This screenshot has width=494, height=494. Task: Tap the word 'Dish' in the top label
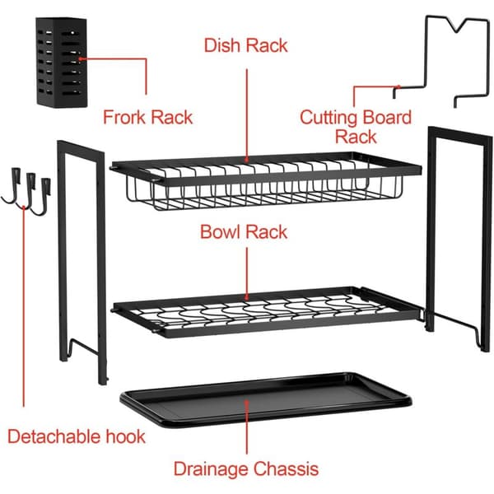pos(221,45)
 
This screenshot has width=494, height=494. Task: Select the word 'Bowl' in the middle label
pos(220,232)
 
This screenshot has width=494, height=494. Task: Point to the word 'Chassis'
pos(287,468)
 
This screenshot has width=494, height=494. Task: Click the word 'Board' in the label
pos(388,117)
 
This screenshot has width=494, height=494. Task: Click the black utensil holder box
pos(62,63)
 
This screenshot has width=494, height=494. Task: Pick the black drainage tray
pos(266,399)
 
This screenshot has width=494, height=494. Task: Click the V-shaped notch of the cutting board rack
pos(455,26)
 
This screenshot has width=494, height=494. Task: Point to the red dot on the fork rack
pos(81,58)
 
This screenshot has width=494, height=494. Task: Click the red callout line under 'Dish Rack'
pos(247,115)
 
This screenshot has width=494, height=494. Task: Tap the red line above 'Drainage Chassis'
pos(247,426)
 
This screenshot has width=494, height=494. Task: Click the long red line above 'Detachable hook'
pos(24,306)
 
